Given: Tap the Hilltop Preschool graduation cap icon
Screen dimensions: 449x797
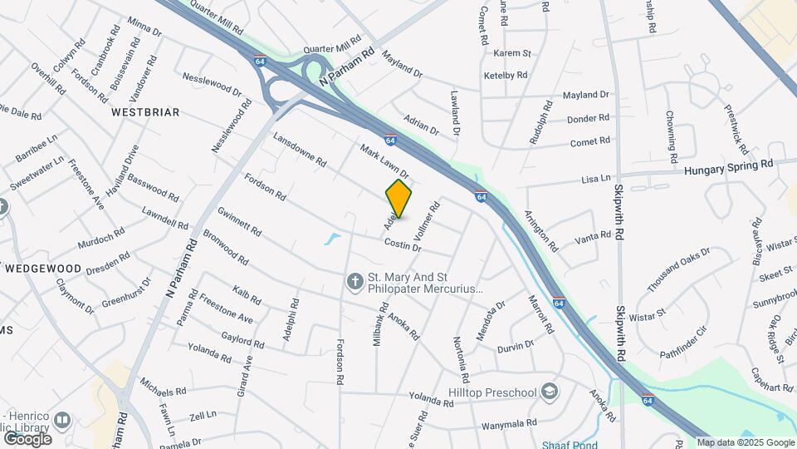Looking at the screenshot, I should click(549, 391).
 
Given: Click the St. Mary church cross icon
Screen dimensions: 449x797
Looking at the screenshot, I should click(354, 283).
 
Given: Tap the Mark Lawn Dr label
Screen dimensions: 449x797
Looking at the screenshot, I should click(384, 161).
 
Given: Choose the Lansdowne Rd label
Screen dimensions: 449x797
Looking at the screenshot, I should click(299, 151).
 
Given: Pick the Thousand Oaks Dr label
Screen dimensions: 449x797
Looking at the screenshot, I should click(678, 269).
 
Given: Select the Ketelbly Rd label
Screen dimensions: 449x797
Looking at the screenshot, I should click(506, 75).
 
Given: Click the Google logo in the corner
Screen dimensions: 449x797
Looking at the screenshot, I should click(27, 438).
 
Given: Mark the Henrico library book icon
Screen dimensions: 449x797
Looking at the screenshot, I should click(63, 421).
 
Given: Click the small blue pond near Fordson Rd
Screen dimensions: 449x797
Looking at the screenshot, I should click(332, 239).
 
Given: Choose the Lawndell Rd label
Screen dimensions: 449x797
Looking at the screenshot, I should click(165, 218).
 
